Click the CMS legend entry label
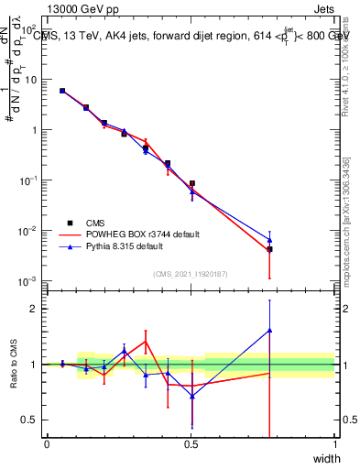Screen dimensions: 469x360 96,223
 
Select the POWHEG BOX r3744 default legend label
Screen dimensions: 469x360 142,234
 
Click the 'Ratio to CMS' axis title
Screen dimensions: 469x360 15,365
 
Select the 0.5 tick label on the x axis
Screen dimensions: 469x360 191,443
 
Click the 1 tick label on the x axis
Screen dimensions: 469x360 334,443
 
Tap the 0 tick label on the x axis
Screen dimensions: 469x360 47,443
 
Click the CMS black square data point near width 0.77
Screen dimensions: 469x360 269,249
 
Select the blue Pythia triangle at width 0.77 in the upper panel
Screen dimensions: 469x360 269,240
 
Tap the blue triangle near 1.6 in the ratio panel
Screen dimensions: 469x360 269,331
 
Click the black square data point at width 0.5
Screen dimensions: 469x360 191,183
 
